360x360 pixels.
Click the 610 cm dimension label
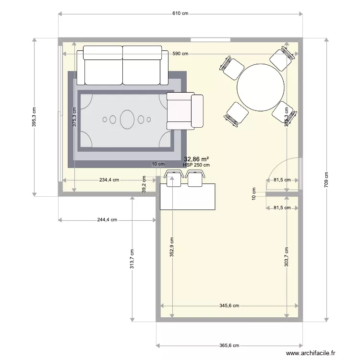[180, 13]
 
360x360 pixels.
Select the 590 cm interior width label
[180, 54]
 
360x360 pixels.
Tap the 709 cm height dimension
[326, 180]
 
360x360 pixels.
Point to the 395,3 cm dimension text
[34, 117]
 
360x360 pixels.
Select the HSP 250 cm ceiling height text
[196, 165]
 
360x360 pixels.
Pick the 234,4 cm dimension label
[109, 180]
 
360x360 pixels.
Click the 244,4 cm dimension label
[107, 220]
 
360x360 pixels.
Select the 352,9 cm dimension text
[172, 248]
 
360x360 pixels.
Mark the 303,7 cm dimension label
[287, 257]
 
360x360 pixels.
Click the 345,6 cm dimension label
[229, 305]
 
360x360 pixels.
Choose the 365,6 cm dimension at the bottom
[229, 345]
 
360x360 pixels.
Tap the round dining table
[260, 87]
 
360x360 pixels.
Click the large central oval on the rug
[127, 120]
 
